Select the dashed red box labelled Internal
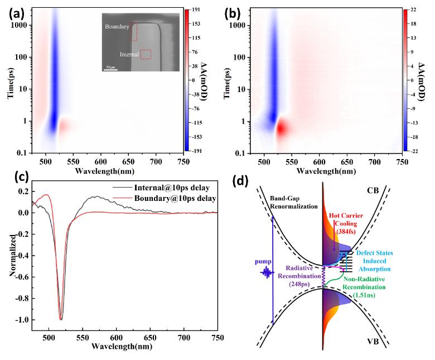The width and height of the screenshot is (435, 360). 146,54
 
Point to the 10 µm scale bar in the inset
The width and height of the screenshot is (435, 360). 110,69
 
